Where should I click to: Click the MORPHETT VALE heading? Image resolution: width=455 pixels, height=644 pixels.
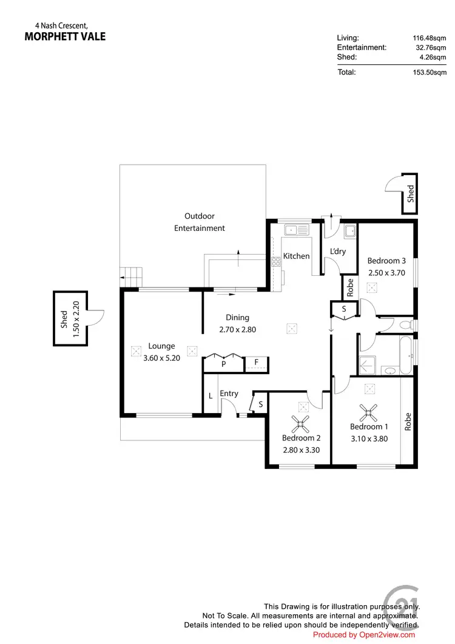65,36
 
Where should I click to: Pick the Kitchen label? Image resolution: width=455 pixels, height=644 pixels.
297,256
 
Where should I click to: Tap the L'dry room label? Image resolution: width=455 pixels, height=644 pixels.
337,251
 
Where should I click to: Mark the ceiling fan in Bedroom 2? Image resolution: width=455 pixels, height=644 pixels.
301,422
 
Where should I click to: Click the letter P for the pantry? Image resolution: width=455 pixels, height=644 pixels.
224,365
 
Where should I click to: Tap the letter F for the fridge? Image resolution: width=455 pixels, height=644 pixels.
257,363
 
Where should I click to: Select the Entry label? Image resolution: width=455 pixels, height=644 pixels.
229,394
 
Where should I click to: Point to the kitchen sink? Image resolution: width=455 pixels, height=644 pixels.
297,230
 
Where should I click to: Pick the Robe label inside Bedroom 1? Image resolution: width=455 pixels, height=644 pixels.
408,422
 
